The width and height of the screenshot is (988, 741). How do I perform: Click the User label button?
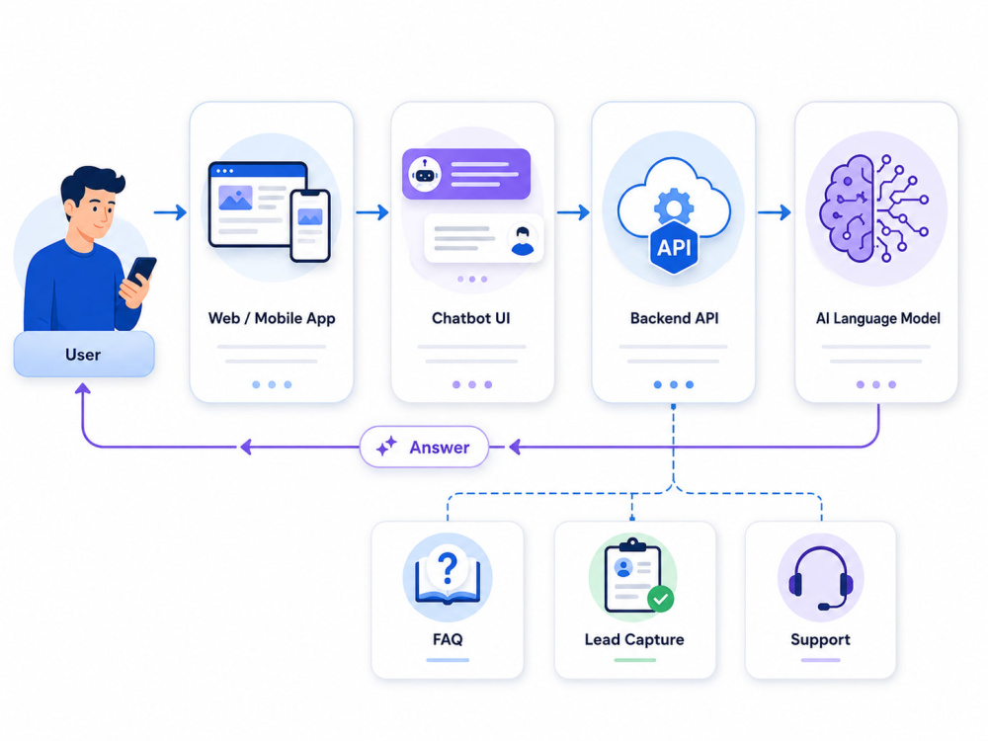click(84, 354)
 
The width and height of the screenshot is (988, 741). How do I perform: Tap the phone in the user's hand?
click(141, 271)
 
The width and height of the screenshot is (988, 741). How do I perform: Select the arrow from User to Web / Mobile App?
click(170, 212)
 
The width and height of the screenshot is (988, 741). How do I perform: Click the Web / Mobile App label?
click(272, 318)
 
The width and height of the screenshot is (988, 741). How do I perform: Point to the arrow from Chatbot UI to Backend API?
click(573, 212)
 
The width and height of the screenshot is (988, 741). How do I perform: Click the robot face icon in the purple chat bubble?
click(425, 175)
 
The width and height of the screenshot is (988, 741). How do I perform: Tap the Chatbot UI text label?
click(470, 318)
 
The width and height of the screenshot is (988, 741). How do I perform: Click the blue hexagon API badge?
click(674, 247)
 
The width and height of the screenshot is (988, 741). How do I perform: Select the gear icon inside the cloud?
click(674, 206)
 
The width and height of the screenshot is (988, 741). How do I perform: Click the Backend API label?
click(674, 318)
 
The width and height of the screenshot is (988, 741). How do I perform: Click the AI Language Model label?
click(877, 318)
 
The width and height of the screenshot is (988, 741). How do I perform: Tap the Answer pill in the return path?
click(424, 447)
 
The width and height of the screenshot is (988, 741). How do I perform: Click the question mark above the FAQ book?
click(448, 566)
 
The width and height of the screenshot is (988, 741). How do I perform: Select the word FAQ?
click(448, 639)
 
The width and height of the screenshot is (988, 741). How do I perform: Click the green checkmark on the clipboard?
click(660, 599)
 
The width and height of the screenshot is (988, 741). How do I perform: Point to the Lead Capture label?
click(634, 639)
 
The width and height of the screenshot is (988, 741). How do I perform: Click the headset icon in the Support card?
click(820, 578)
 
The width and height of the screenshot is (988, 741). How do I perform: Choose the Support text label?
click(820, 640)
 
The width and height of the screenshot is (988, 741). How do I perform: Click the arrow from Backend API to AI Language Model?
click(775, 212)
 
